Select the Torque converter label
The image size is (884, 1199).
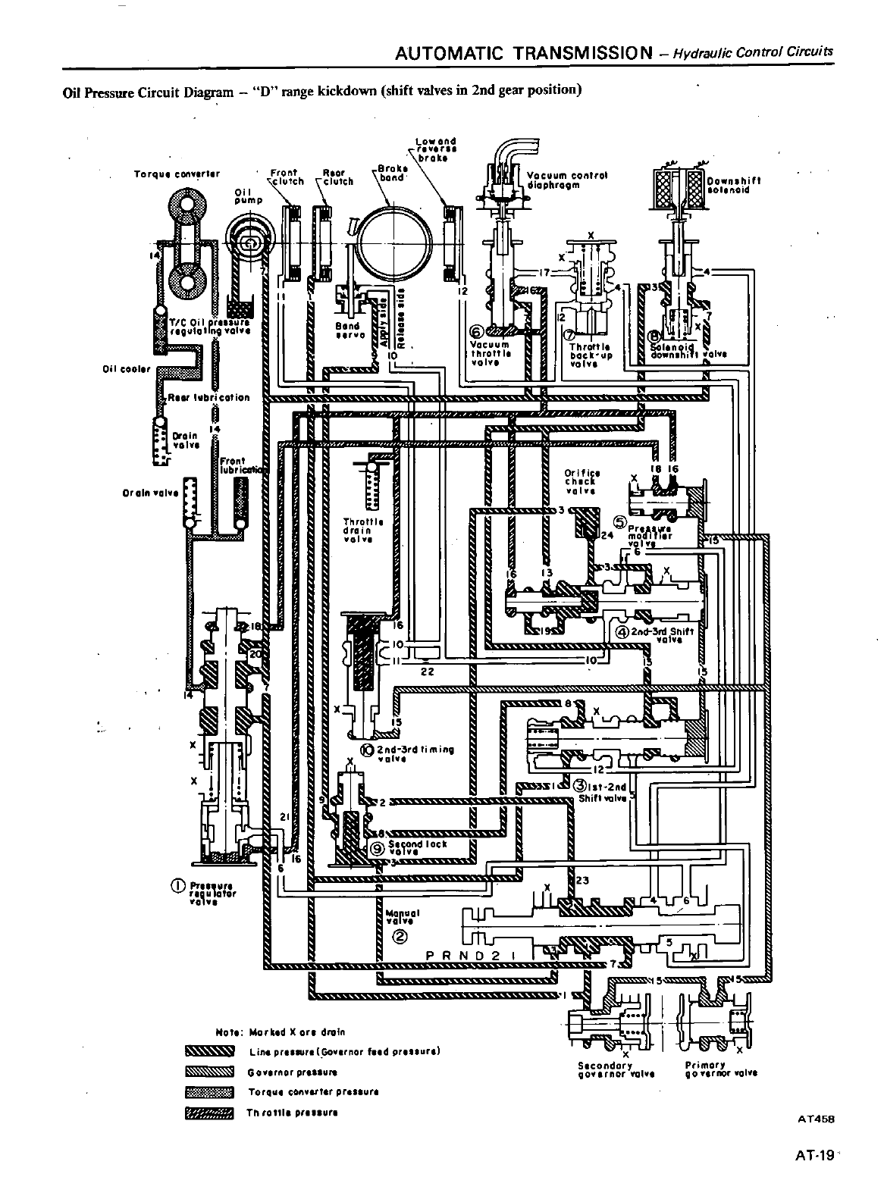pyautogui.click(x=177, y=174)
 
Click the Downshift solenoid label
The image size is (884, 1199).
pyautogui.click(x=733, y=186)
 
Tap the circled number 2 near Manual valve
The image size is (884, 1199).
pyautogui.click(x=400, y=934)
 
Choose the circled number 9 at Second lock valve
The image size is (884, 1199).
pyautogui.click(x=377, y=850)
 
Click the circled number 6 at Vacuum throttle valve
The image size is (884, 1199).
pyautogui.click(x=476, y=331)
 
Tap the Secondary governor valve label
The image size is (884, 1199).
pyautogui.click(x=603, y=1068)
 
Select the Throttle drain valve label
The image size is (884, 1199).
pyautogui.click(x=363, y=535)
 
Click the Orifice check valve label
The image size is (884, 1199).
pyautogui.click(x=581, y=481)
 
